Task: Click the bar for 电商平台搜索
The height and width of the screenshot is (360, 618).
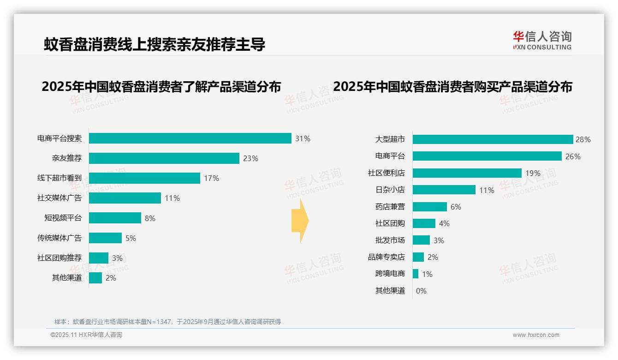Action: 190,138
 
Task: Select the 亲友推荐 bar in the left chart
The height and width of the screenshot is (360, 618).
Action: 164,158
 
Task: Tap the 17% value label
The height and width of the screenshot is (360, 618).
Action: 211,178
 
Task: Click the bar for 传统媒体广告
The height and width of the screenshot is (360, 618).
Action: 105,238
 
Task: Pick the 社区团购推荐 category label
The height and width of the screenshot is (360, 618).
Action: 59,258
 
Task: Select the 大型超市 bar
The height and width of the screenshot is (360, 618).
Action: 493,139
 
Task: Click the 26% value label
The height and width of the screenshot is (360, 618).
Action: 573,156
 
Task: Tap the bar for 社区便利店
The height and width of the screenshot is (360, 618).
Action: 467,173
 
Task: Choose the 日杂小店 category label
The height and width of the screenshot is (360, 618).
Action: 390,190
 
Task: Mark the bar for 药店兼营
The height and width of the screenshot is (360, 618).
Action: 429,207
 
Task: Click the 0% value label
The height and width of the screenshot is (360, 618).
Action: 421,291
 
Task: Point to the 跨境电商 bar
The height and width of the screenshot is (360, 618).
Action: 416,274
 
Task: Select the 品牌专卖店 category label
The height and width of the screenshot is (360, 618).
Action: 386,257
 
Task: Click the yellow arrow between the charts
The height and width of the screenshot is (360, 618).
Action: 300,221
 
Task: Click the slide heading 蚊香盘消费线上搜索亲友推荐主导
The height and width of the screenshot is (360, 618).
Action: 154,44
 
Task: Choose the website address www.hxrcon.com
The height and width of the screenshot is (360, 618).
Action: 536,335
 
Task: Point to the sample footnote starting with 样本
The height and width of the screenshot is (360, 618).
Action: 167,322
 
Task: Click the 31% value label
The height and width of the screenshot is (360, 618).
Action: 303,138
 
